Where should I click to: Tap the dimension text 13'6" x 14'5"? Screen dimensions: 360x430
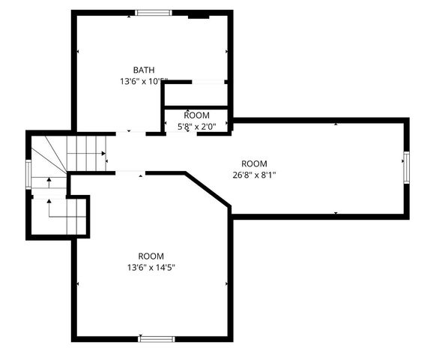(151, 267)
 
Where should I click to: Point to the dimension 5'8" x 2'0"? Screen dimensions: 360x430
(196, 127)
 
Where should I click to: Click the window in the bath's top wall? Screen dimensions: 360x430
(153, 12)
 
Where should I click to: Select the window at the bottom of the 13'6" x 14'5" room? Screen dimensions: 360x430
(157, 338)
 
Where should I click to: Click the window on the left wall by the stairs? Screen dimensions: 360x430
(29, 175)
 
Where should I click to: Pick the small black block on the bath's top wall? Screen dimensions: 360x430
(199, 13)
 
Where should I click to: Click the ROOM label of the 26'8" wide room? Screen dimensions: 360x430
(254, 163)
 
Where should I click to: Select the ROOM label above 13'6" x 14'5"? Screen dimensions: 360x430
(151, 256)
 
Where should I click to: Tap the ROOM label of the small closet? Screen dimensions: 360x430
(196, 115)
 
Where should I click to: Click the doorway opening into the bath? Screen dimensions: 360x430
(130, 133)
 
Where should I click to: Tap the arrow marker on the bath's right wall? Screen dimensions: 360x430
(226, 52)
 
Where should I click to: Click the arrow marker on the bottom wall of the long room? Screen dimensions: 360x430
(336, 214)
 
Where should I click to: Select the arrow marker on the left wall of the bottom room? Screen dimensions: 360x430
(78, 284)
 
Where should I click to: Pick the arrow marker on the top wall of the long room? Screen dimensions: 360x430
(336, 123)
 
